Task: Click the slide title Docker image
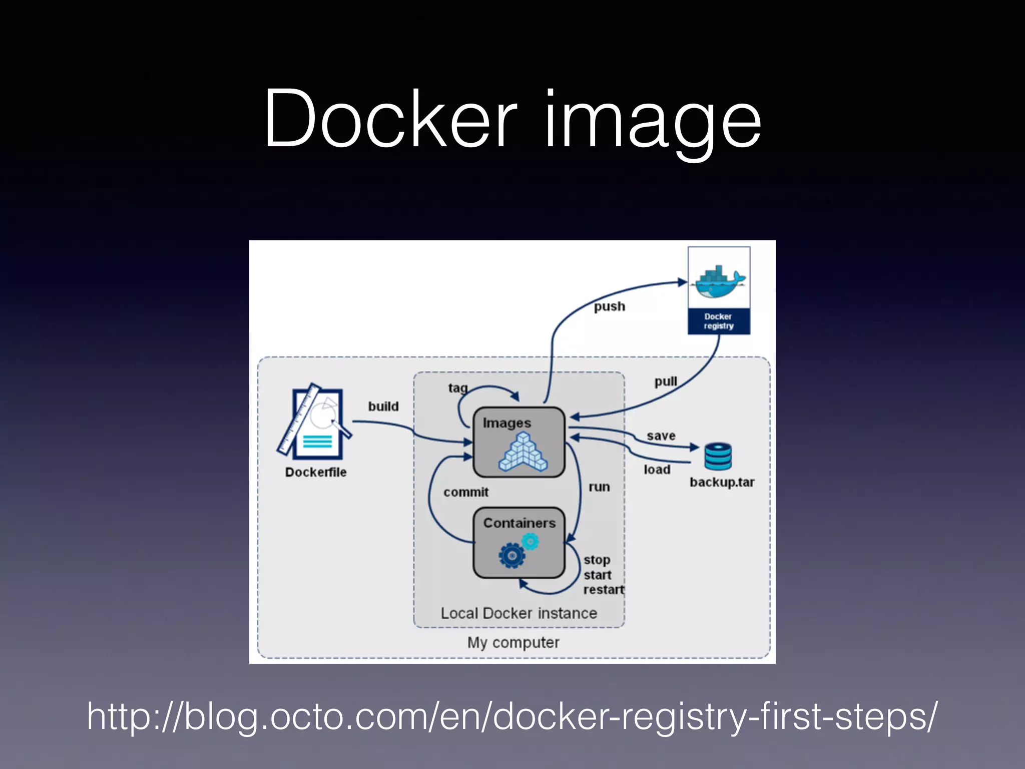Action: tap(512, 120)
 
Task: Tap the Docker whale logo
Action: tap(719, 282)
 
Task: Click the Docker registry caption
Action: tap(719, 321)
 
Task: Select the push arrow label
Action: tap(609, 306)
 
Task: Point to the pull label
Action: tap(666, 381)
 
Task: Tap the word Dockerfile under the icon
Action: tap(316, 472)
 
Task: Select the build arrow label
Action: tap(383, 406)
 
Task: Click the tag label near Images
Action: tap(457, 388)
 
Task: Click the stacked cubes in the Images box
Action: tap(523, 453)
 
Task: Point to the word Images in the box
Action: tap(506, 424)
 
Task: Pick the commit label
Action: tap(465, 492)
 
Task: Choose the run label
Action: tap(599, 487)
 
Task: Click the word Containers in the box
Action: tap(519, 523)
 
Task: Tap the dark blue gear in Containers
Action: tap(511, 555)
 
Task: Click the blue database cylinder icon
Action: tap(718, 456)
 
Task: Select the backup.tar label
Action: tap(722, 482)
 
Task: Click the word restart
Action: tap(603, 590)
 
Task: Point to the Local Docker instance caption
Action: tap(519, 613)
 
